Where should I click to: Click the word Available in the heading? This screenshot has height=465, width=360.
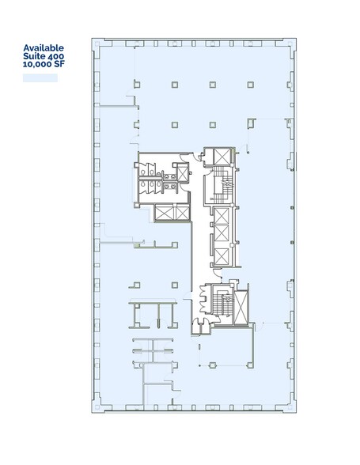[44, 47]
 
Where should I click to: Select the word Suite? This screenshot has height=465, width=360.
[33, 57]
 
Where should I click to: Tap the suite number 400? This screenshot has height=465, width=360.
[55, 57]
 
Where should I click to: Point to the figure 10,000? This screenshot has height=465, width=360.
[38, 67]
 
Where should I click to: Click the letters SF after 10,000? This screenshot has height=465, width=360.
[59, 67]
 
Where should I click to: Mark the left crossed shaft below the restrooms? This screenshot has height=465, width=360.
[165, 213]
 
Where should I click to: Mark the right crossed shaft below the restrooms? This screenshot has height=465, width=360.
[180, 213]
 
